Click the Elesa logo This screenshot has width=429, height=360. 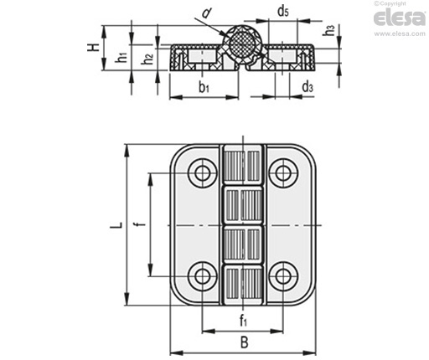tap(399, 18)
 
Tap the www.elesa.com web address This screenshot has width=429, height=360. tap(400, 34)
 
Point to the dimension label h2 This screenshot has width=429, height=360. tap(147, 59)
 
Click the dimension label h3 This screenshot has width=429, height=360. tap(328, 30)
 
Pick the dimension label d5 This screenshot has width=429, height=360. tap(283, 12)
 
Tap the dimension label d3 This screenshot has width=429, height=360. tap(308, 87)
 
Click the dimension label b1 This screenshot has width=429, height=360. tap(204, 87)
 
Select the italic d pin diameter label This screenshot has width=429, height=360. tap(206, 13)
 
